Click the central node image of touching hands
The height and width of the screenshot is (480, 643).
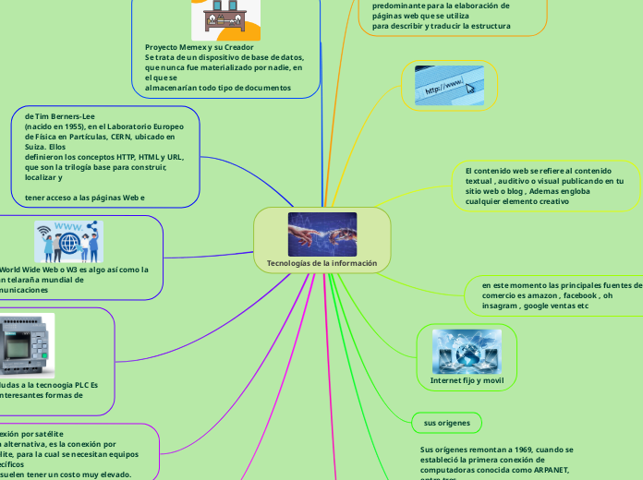[x=321, y=234]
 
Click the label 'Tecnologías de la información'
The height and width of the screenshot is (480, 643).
[x=321, y=263]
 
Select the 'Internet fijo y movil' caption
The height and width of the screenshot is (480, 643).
[x=467, y=380]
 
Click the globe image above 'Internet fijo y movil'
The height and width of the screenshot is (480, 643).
[x=467, y=350]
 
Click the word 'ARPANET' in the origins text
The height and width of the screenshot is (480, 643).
[x=552, y=468]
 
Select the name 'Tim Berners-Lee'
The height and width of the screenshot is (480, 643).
[x=64, y=117]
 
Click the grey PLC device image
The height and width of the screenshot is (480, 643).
[x=26, y=345]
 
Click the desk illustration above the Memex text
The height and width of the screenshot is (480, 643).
[x=225, y=17]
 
